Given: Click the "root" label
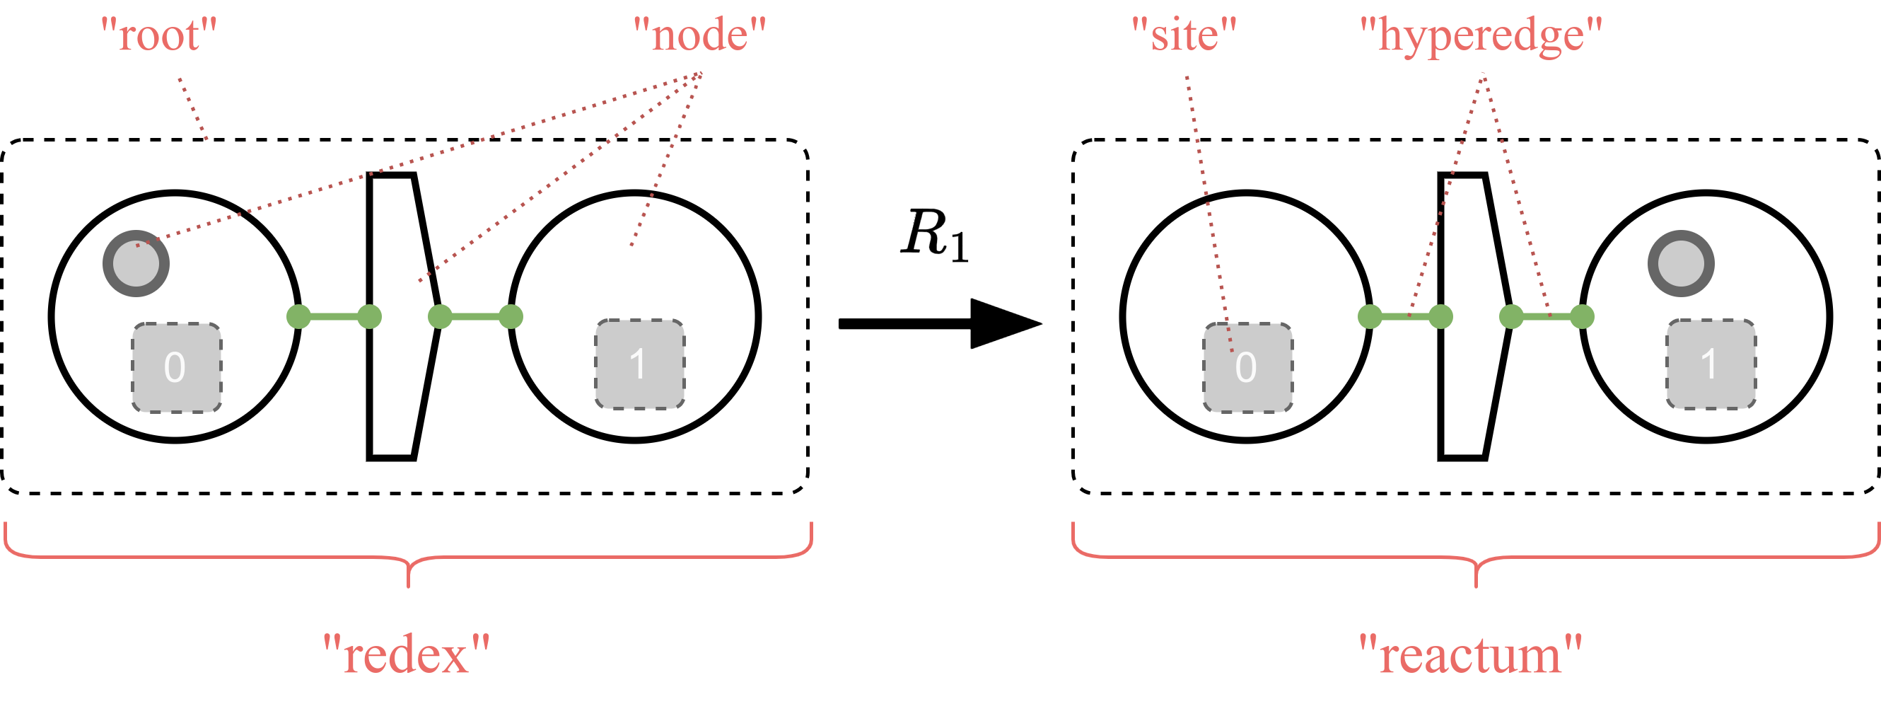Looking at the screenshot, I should pyautogui.click(x=159, y=35).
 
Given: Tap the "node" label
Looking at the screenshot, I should pyautogui.click(x=699, y=35).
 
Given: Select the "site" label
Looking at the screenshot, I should pyautogui.click(x=1184, y=35).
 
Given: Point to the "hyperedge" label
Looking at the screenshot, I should pyautogui.click(x=1481, y=35).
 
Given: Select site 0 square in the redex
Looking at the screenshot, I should pyautogui.click(x=176, y=367).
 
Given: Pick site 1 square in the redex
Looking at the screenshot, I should pyautogui.click(x=640, y=364).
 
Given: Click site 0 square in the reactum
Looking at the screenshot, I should pyautogui.click(x=1247, y=367).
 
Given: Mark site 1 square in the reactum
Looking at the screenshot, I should pyautogui.click(x=1711, y=364).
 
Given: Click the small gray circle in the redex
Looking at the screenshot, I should pyautogui.click(x=136, y=264).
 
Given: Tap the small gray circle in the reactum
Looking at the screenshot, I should pyautogui.click(x=1681, y=264).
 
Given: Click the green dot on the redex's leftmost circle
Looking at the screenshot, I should pyautogui.click(x=298, y=316).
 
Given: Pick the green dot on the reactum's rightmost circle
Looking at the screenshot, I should pyautogui.click(x=1582, y=316).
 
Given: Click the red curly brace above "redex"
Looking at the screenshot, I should pyautogui.click(x=408, y=559).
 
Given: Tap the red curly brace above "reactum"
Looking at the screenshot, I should pyautogui.click(x=1476, y=559).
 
